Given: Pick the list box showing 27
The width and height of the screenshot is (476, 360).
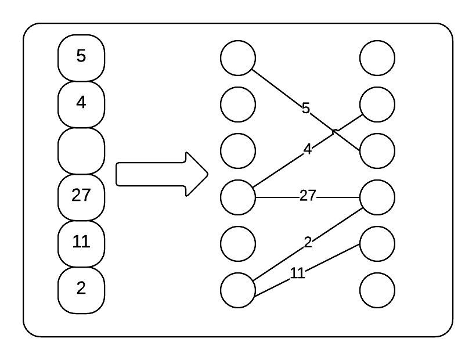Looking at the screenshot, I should click(81, 196).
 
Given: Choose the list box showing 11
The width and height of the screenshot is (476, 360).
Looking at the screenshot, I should click(81, 243).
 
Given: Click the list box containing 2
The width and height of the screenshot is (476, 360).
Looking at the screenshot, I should click(81, 289).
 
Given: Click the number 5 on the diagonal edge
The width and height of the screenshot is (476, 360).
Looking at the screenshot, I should click(306, 108).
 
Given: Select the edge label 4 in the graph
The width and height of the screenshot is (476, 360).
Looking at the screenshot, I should click(308, 149).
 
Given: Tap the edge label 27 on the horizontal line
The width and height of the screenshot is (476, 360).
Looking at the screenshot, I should click(308, 196).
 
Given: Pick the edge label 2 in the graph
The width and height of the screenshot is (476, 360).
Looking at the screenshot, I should click(308, 243).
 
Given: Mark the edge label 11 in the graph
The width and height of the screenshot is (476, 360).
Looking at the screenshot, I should click(297, 273).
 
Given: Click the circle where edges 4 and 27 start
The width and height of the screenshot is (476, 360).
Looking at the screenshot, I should click(238, 197).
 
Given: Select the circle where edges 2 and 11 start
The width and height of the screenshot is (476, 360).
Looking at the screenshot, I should click(238, 290).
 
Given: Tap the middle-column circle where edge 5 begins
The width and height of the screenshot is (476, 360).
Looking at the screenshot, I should click(238, 58).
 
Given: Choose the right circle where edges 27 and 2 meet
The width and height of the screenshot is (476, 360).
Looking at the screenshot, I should click(377, 197).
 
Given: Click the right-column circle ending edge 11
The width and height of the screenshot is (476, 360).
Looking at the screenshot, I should click(377, 244).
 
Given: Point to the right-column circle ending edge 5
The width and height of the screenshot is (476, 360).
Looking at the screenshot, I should click(377, 151).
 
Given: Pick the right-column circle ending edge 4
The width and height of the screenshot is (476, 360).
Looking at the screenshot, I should click(377, 105).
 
